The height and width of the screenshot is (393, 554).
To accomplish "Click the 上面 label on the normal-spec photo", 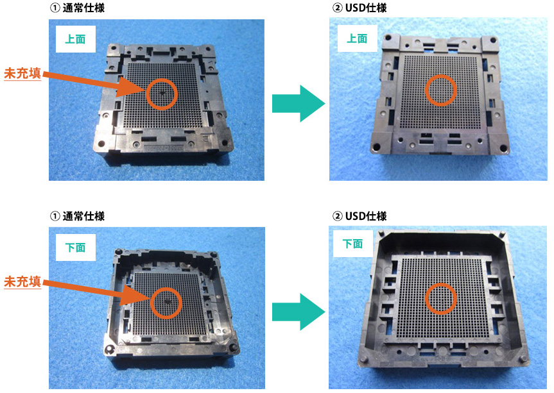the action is [x=75, y=39].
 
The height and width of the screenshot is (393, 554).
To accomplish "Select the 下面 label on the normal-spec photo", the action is [x=75, y=247].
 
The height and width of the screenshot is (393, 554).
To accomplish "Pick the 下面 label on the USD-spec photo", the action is [x=352, y=244].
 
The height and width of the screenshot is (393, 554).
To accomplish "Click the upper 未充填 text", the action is [x=22, y=73].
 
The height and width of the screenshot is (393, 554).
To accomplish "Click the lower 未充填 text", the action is [x=22, y=281].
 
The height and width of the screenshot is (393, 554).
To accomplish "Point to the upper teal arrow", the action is [x=299, y=103].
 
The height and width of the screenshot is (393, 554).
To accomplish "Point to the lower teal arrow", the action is [x=299, y=312].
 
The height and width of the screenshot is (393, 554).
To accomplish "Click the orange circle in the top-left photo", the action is [x=146, y=94].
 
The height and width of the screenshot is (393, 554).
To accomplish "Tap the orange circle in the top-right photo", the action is [x=426, y=90].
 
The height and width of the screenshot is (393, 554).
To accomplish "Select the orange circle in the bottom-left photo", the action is [x=151, y=303].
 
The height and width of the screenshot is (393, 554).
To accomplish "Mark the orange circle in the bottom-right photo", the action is [x=426, y=299].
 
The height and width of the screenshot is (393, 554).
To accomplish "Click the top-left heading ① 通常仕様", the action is [x=78, y=8].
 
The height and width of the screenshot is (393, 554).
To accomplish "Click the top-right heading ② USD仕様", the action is [x=359, y=8].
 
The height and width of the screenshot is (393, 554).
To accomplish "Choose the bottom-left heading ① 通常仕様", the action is [x=78, y=216].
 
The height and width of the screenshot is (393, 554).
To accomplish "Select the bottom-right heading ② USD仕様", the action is [x=359, y=216].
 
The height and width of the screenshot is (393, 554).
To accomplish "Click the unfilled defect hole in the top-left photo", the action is [x=162, y=93].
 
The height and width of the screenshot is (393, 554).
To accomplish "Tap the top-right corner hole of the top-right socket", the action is [x=493, y=40].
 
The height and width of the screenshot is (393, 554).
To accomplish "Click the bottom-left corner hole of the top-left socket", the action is [x=101, y=144].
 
